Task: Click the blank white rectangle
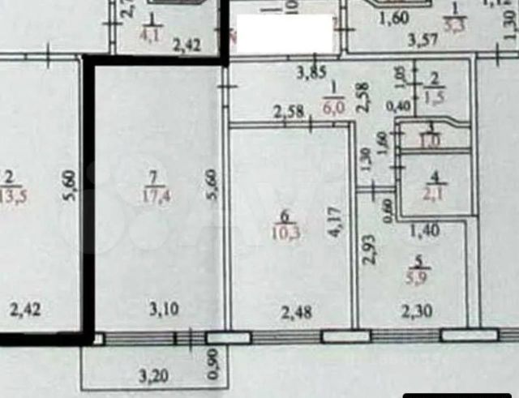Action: click(282, 34)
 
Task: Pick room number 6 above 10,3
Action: click(284, 216)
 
